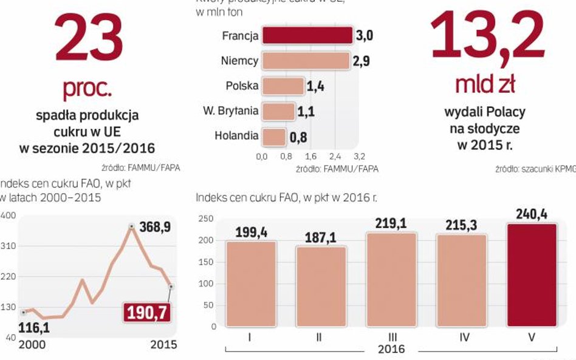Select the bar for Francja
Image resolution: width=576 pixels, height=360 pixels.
coord(307,35)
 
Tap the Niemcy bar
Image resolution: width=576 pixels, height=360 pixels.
coord(306,61)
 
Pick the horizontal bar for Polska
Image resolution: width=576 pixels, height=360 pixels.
coord(283,86)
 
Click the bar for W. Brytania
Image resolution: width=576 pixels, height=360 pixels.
coord(278,112)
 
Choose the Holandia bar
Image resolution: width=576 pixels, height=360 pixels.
coord(274,137)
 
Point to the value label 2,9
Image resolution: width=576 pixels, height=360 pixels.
coord(362,61)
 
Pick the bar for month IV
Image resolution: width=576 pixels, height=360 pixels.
coord(461,280)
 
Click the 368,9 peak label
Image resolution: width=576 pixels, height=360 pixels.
coord(155,228)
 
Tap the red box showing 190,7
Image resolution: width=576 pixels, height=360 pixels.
coord(148,312)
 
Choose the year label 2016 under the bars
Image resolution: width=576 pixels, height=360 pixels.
coord(391,350)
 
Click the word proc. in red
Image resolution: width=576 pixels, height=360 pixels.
coord(87,89)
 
